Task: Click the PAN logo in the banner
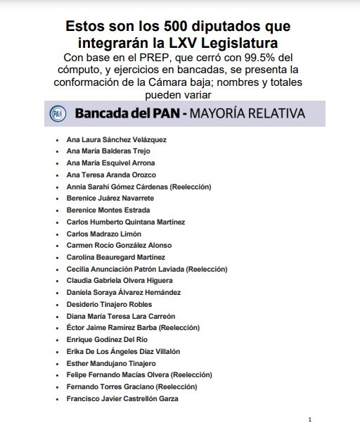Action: pos(58,112)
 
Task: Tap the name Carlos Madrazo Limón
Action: pos(103,234)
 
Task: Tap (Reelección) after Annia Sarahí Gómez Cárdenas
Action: pos(189,186)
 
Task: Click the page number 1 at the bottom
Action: pos(309,419)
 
